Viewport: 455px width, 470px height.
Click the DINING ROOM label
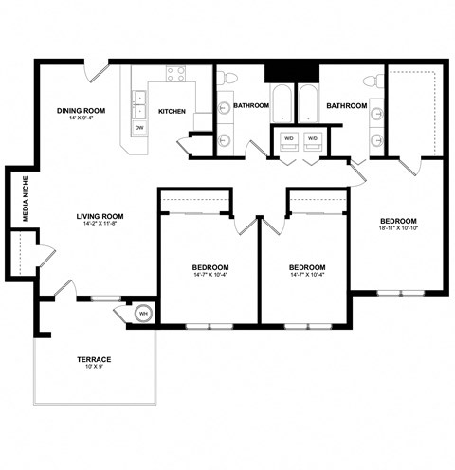click(80, 110)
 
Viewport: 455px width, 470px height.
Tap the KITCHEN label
click(172, 111)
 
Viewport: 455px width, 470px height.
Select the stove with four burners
click(176, 73)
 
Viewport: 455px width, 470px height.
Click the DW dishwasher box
click(139, 127)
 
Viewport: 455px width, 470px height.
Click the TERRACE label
click(94, 360)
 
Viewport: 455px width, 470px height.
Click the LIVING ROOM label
click(100, 217)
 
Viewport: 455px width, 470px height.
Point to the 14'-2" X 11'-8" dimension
click(100, 226)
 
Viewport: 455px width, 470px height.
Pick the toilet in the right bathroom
click(377, 80)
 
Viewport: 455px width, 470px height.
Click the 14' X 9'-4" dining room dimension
click(80, 119)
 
